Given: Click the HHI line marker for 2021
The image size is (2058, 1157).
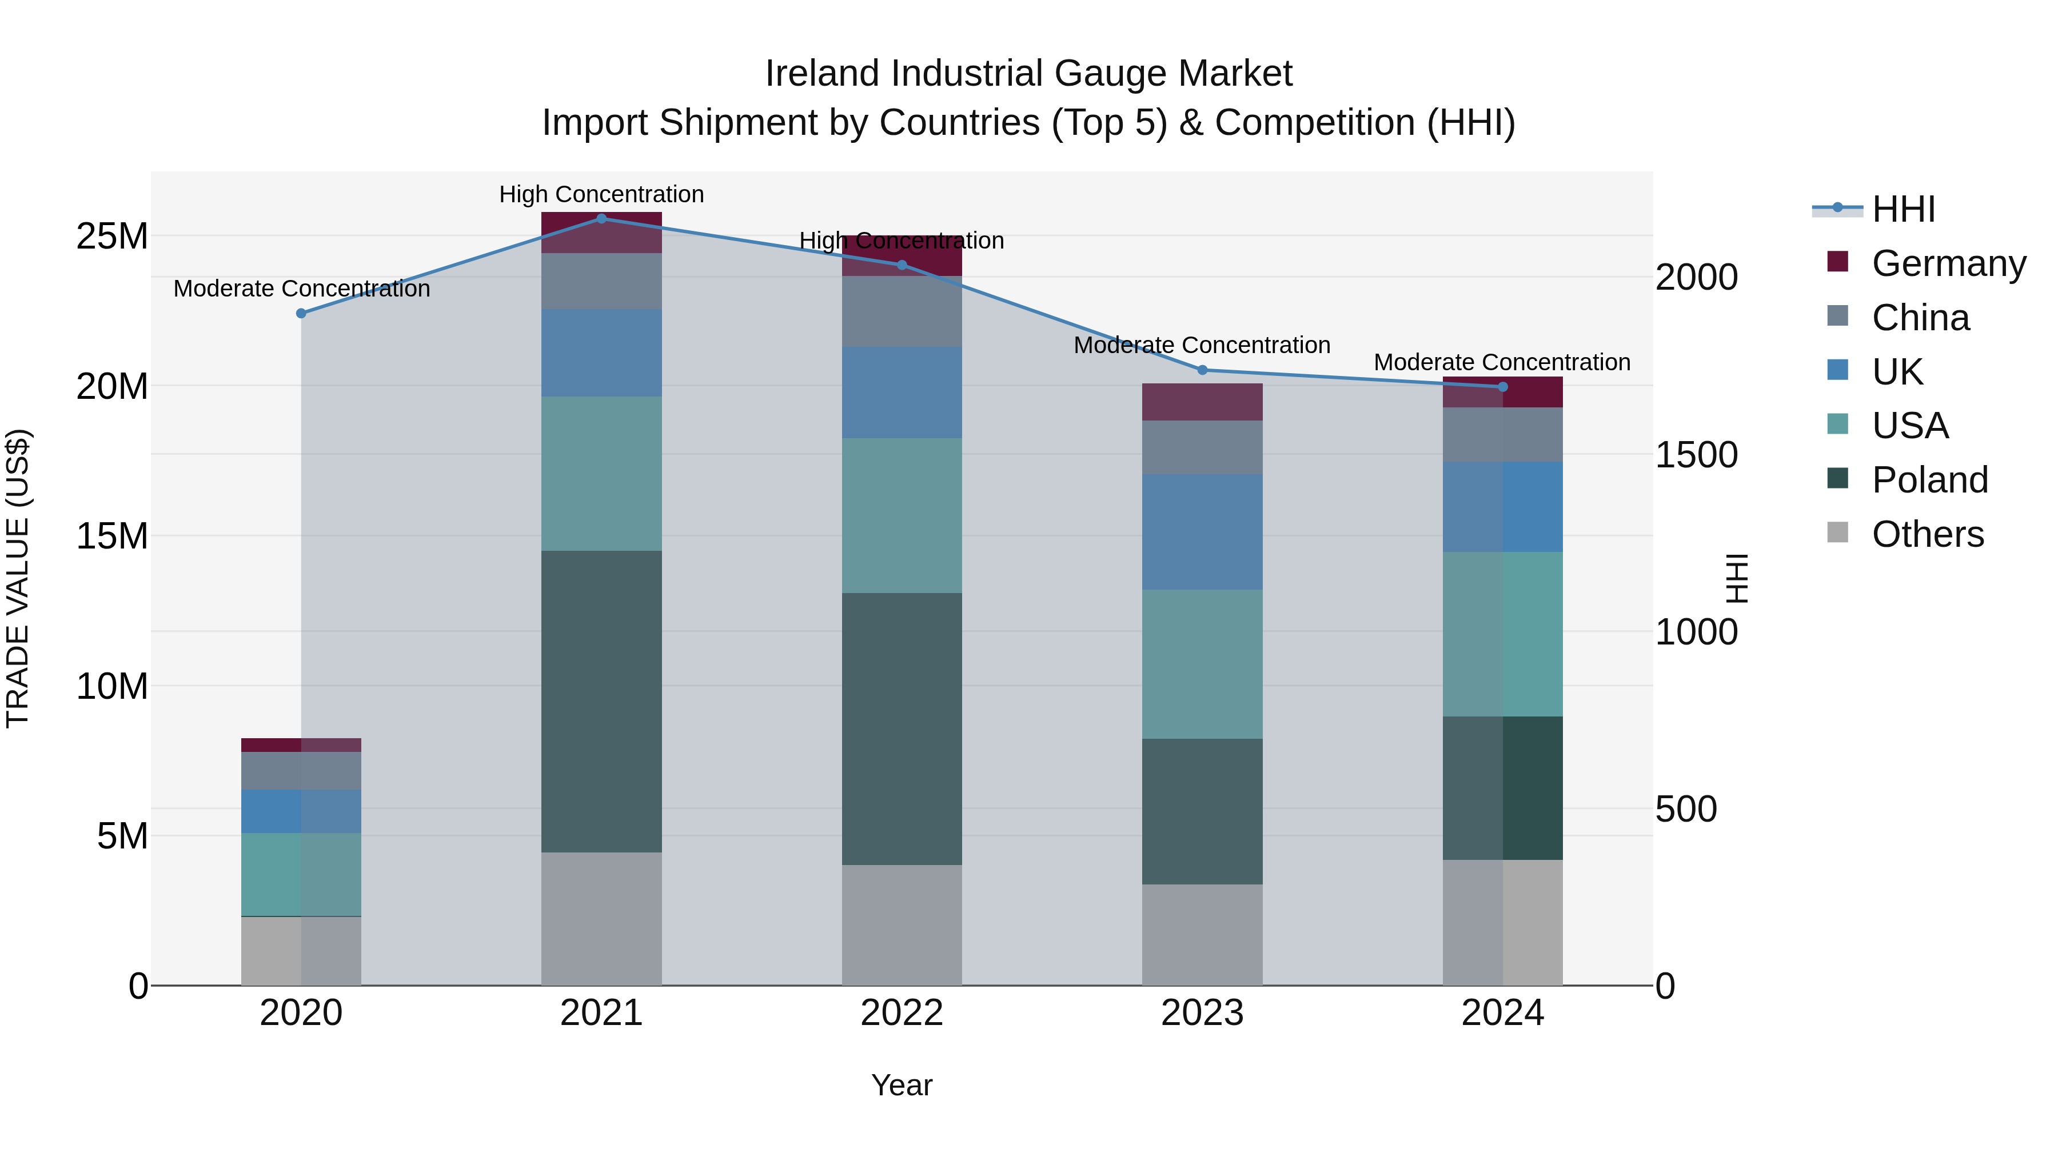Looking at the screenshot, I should point(601,219).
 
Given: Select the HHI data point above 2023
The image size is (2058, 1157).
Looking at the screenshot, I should point(1202,370).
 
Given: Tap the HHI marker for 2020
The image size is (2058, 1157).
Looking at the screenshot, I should point(301,314).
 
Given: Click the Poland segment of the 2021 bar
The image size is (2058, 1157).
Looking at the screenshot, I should point(601,701).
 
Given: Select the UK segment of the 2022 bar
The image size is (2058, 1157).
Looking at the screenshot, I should point(902,392).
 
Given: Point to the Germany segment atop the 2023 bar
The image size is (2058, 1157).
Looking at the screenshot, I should point(1202,402).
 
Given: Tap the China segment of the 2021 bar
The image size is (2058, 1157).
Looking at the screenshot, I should point(601,281).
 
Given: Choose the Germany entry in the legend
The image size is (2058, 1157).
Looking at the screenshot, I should point(1948,263).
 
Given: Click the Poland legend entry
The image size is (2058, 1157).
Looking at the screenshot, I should point(1929,480).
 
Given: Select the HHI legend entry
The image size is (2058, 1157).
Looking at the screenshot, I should point(1903,209).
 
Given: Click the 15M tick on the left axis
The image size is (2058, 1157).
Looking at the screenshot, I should point(112,536).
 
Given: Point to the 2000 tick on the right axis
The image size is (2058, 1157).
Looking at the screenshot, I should point(1696,277).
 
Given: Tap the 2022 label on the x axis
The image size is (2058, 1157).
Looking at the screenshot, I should point(902,1013).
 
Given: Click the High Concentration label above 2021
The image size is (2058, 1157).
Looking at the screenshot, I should point(601,194).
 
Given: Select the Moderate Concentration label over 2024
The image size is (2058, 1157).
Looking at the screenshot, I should point(1502,362).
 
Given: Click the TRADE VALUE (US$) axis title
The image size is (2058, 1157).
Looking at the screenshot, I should point(18,578).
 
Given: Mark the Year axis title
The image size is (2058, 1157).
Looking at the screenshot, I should point(902,1085).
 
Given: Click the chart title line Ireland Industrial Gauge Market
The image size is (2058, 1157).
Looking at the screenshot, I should point(1028,74).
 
